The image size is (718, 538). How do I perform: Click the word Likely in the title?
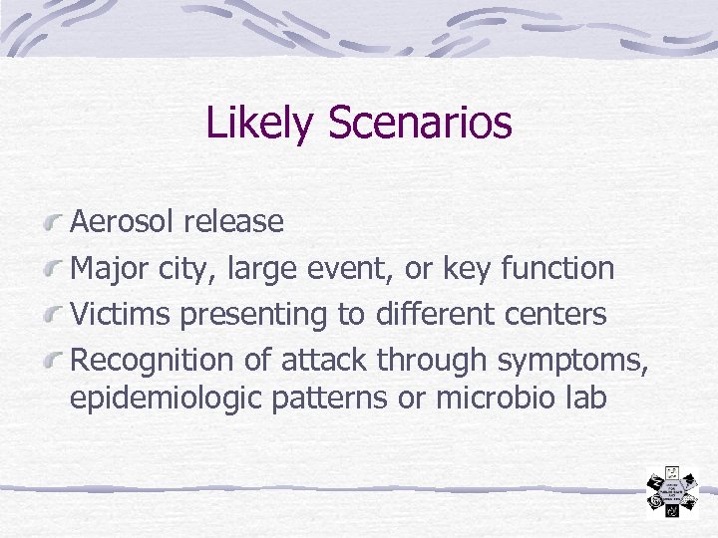click(258, 124)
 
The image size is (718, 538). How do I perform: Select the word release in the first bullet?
click(232, 221)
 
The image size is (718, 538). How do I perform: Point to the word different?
click(436, 315)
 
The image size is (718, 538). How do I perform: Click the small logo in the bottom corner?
click(671, 491)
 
